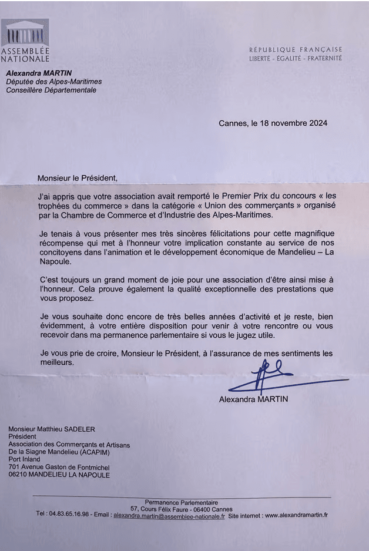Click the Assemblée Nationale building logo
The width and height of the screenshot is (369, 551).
point(25,33)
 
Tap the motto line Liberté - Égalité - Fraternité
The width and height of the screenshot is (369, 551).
point(295,59)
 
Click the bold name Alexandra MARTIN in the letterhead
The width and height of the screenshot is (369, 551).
point(39,73)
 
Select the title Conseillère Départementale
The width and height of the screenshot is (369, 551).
point(51,90)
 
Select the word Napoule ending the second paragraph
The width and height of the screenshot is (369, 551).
point(54,265)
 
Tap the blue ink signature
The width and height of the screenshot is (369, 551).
point(267,376)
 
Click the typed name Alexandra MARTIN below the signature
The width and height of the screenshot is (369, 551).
point(253,399)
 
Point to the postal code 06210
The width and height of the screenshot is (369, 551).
point(20,475)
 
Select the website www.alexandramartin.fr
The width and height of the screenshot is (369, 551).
point(296,515)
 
